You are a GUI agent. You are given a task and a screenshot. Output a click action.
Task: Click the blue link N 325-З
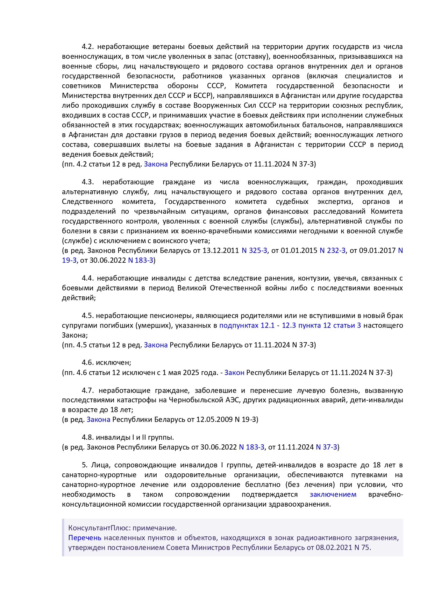pyautogui.click(x=254, y=250)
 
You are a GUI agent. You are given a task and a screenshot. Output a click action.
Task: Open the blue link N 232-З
pyautogui.click(x=332, y=250)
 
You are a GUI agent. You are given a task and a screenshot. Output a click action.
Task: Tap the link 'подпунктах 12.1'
pyautogui.click(x=247, y=325)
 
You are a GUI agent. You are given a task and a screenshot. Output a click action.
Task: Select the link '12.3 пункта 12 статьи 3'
pyautogui.click(x=321, y=325)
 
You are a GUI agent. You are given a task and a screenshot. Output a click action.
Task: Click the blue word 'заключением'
pyautogui.click(x=333, y=494)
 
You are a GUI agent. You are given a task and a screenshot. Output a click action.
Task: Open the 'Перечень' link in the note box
pyautogui.click(x=85, y=538)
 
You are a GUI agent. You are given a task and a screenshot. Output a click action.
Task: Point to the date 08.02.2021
pyautogui.click(x=334, y=548)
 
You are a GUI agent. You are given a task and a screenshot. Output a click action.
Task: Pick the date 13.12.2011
pyautogui.click(x=221, y=250)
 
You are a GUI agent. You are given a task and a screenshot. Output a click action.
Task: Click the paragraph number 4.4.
pyautogui.click(x=88, y=278)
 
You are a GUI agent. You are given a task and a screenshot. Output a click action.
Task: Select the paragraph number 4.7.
pyautogui.click(x=88, y=390)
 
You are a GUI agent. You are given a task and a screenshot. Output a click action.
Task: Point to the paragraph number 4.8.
pyautogui.click(x=88, y=437)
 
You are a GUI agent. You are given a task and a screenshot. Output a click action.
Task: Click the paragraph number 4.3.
pyautogui.click(x=88, y=182)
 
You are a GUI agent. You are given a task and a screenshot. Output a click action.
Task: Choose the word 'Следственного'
pyautogui.click(x=87, y=202)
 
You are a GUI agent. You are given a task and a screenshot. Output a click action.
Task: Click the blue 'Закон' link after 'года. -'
pyautogui.click(x=234, y=373)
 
